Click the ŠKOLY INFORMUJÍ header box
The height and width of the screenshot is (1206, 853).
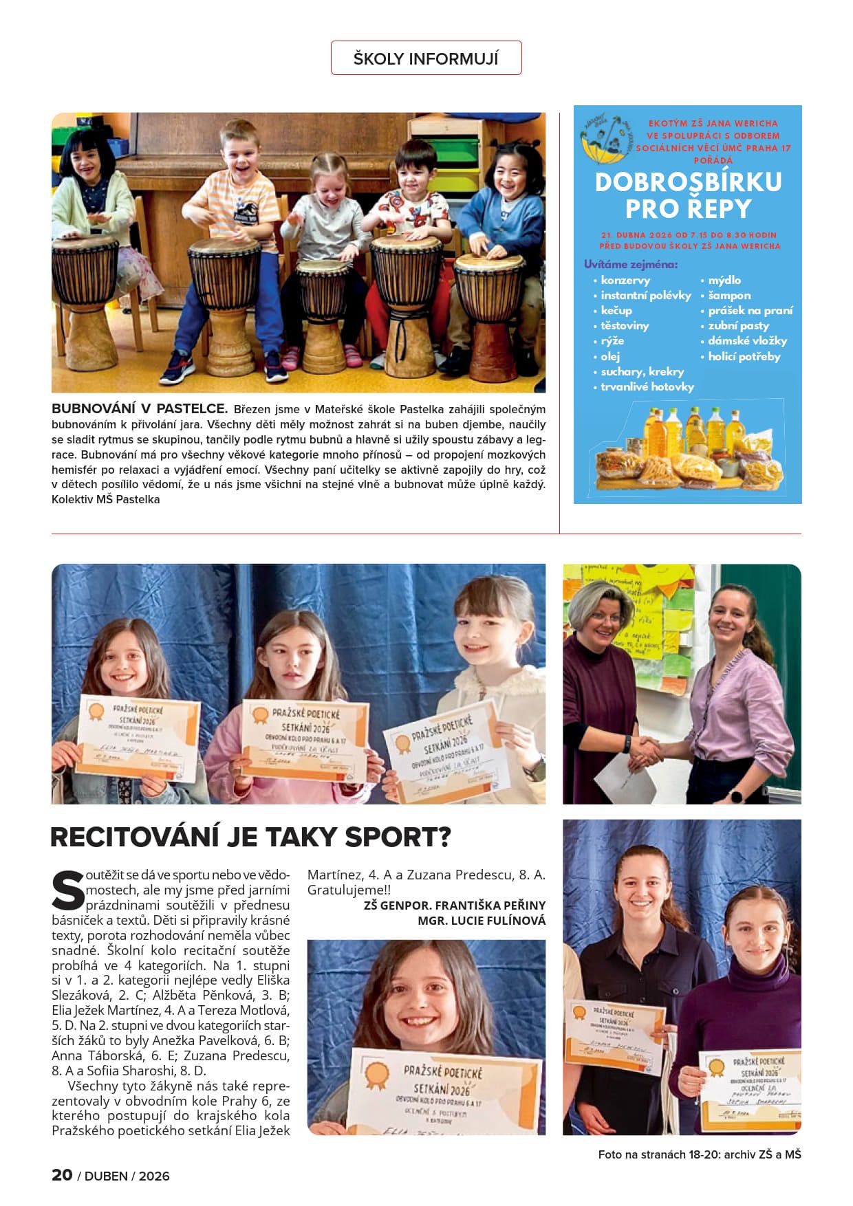tap(426, 58)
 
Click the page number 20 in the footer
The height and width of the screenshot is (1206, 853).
tap(62, 1175)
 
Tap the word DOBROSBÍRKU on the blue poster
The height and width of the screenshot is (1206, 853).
tap(688, 182)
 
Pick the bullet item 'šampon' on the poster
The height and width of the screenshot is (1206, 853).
tap(729, 295)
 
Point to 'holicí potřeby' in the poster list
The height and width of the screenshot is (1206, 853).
tap(744, 356)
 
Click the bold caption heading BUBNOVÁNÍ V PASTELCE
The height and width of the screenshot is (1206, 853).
tap(140, 409)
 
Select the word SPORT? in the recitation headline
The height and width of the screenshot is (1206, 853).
tap(398, 837)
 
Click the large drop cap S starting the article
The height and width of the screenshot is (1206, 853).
tap(67, 891)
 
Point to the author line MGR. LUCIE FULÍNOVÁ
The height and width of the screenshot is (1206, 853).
tap(482, 921)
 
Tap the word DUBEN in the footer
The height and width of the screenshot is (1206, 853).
tap(106, 1176)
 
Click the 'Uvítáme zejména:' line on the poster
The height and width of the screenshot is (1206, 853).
tap(630, 264)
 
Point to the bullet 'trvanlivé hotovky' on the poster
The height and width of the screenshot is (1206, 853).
tap(647, 386)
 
